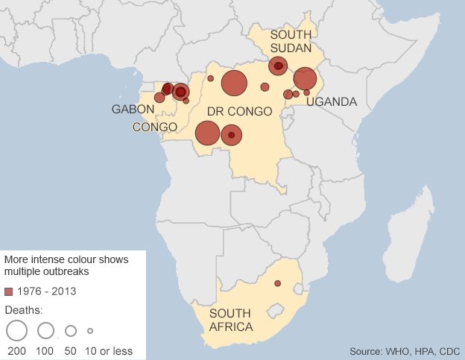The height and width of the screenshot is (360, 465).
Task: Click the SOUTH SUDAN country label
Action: (291, 42)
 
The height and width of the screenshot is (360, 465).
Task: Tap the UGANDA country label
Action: (331, 101)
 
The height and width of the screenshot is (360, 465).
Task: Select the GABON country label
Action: (133, 110)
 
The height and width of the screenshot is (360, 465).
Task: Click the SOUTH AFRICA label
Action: (231, 320)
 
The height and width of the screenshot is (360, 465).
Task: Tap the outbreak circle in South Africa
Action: (277, 283)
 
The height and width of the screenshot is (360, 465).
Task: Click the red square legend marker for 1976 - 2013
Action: (9, 291)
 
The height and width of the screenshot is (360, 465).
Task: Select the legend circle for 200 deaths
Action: (16, 330)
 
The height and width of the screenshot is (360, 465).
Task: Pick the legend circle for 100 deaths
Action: (46, 330)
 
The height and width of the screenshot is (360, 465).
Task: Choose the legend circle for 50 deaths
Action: (71, 330)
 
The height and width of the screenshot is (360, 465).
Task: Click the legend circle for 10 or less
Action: (90, 330)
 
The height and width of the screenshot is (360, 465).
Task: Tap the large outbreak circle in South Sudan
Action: (278, 66)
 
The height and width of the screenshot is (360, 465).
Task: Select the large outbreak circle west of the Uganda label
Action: (305, 78)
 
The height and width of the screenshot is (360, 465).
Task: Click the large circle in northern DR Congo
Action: (234, 83)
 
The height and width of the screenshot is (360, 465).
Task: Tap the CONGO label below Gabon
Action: (155, 127)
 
